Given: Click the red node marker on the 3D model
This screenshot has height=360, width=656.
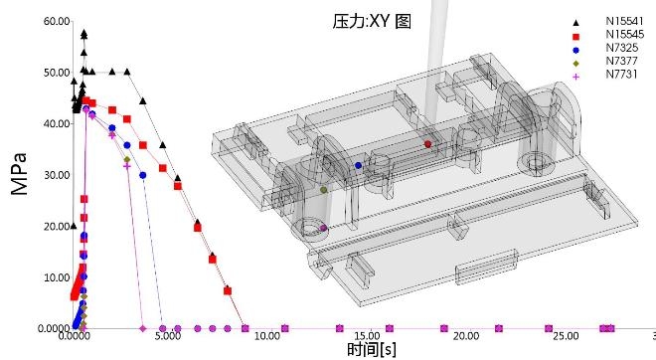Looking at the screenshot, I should tap(427, 144).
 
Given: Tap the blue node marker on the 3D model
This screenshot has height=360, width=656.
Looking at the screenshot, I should tap(358, 165).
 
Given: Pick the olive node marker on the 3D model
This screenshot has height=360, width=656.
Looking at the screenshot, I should tap(324, 189).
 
